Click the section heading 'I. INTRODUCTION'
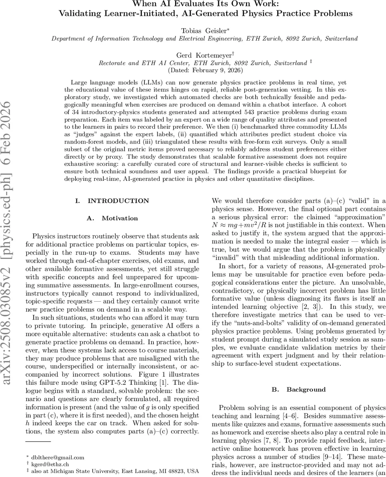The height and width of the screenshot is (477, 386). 113,201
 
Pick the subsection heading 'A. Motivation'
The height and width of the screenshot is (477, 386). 112,218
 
